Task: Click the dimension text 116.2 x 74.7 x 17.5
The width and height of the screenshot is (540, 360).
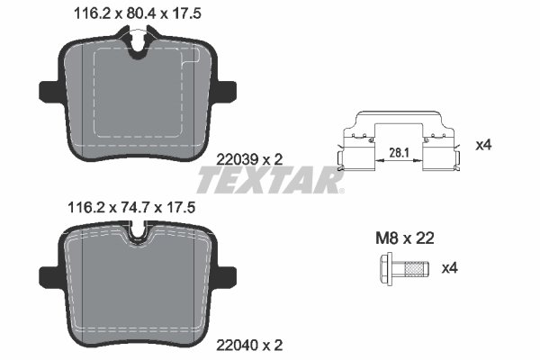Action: coord(131,207)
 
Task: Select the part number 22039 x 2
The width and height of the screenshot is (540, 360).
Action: coord(250,158)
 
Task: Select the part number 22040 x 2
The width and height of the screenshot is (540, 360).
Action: coord(250,345)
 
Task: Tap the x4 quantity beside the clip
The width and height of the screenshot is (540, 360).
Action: coord(484,144)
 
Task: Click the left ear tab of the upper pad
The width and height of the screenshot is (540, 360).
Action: coord(49,91)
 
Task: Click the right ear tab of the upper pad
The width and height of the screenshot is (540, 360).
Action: coord(226,91)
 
